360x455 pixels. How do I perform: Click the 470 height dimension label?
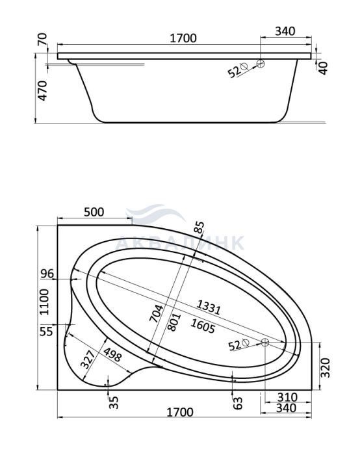pos(43,90)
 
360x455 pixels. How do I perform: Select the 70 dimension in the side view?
pos(42,39)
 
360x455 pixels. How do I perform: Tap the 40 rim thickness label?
pos(323,68)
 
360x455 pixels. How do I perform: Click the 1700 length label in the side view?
pos(183,38)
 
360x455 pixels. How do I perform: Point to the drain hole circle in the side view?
pos(261,64)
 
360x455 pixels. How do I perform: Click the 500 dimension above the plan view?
pos(94,212)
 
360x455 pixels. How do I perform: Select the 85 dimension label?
pos(199,227)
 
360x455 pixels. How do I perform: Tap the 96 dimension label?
pos(47,274)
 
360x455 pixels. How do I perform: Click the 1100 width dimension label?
pos(44,302)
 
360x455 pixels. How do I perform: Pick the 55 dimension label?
pos(46,331)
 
